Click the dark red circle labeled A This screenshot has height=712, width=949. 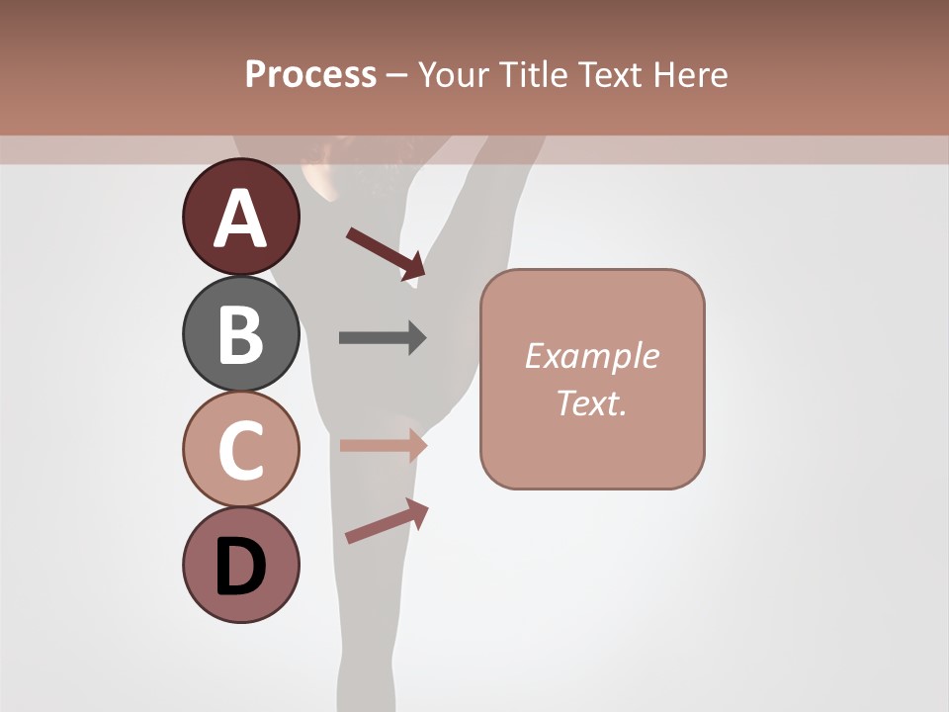click(x=241, y=217)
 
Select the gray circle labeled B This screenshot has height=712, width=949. click(x=241, y=333)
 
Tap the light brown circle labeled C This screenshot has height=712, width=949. click(x=241, y=449)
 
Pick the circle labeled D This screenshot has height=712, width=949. click(x=241, y=565)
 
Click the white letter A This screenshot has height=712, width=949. click(x=241, y=219)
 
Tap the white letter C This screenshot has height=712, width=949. click(x=241, y=450)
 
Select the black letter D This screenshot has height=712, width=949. click(x=241, y=567)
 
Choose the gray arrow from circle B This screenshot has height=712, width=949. click(x=383, y=338)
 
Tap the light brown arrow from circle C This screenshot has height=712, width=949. click(x=383, y=445)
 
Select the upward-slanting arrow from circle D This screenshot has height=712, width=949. click(x=387, y=520)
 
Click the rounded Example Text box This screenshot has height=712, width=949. click(x=592, y=379)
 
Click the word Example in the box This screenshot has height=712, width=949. click(x=592, y=356)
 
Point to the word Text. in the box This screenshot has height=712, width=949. click(x=592, y=402)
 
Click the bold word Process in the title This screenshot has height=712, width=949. click(x=310, y=75)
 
